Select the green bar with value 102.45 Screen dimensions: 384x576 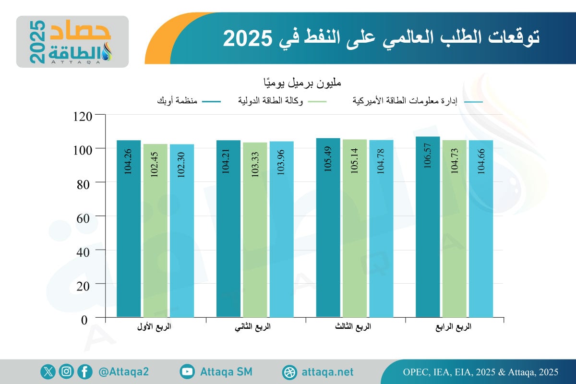(155, 230)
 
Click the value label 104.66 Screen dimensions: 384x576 (481, 163)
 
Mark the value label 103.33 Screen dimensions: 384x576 (255, 163)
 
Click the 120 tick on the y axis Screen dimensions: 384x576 (86, 115)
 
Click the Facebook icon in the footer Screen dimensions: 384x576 (84, 372)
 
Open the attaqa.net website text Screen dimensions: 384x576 (328, 372)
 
